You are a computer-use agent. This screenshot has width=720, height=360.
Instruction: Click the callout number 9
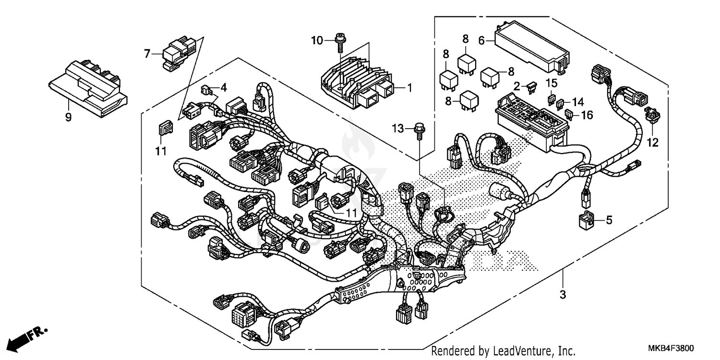68,117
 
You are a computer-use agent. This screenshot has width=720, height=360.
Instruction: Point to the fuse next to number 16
570,115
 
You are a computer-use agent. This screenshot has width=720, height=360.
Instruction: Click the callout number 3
563,294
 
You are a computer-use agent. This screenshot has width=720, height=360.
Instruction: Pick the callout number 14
577,102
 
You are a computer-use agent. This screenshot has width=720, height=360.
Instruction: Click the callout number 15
551,83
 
